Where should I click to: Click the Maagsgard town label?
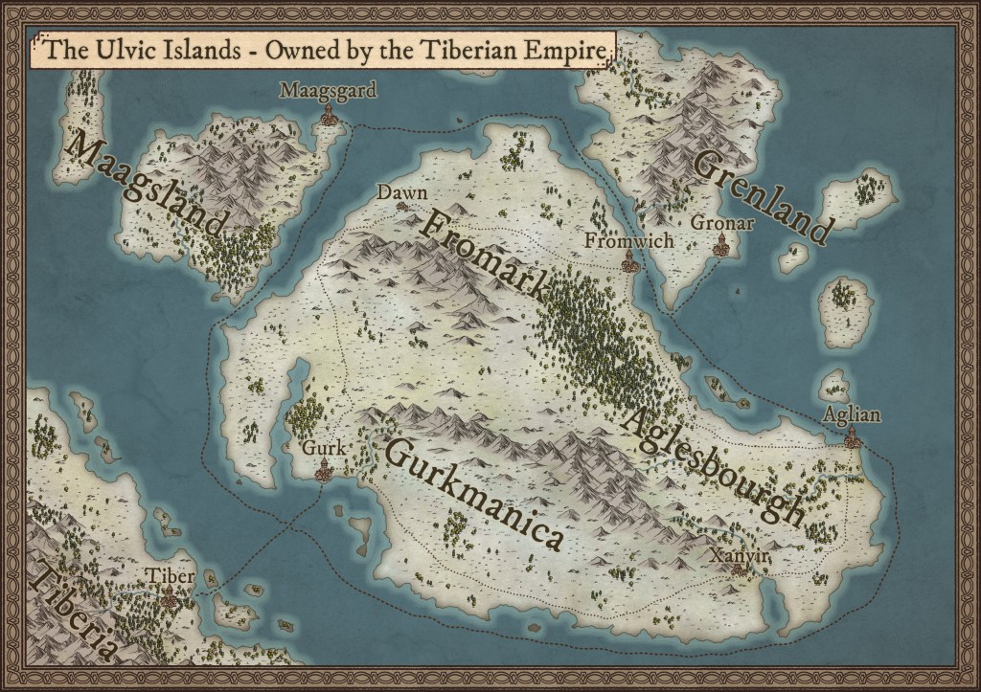pyautogui.click(x=328, y=91)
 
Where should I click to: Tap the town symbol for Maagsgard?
pyautogui.click(x=328, y=117)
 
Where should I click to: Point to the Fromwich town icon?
pyautogui.click(x=629, y=261)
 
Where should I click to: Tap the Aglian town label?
pyautogui.click(x=852, y=414)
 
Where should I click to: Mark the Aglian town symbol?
pyautogui.click(x=851, y=440)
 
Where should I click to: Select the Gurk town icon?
pyautogui.click(x=323, y=469)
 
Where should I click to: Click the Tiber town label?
pyautogui.click(x=171, y=576)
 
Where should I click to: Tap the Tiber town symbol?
pyautogui.click(x=171, y=599)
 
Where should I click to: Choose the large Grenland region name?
pyautogui.click(x=760, y=197)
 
